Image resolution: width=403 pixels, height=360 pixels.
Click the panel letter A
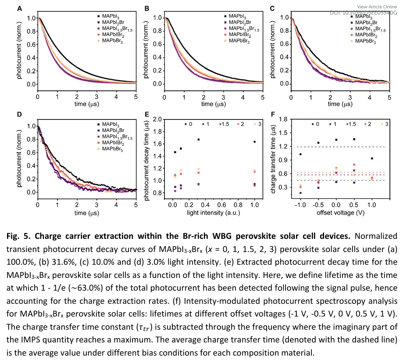coord(19,9)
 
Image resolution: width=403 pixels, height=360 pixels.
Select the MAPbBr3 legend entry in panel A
coord(113,41)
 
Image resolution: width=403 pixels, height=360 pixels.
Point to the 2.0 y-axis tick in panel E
coord(163,119)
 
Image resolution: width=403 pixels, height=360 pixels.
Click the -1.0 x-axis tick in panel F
coord(300,205)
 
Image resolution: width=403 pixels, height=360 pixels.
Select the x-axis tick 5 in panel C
coord(389,97)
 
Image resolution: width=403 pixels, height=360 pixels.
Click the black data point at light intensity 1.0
coord(254,141)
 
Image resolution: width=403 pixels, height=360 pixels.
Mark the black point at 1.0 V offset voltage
coord(372,158)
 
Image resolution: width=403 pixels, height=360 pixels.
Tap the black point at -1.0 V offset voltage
coord(300,154)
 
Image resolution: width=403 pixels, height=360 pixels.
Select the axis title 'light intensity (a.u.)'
coord(210,212)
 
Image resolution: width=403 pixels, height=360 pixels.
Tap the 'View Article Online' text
coord(377,7)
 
